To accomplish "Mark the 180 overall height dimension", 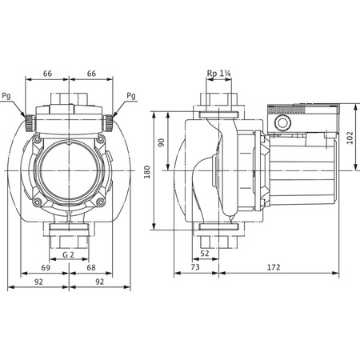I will click(x=146, y=172).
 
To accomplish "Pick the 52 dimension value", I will click(x=206, y=254).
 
